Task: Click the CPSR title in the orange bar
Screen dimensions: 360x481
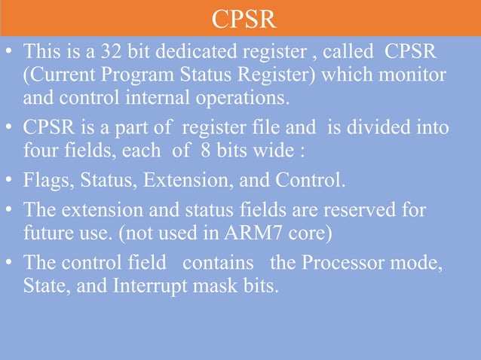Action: (x=240, y=19)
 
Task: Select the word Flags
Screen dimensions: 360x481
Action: (x=47, y=181)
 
